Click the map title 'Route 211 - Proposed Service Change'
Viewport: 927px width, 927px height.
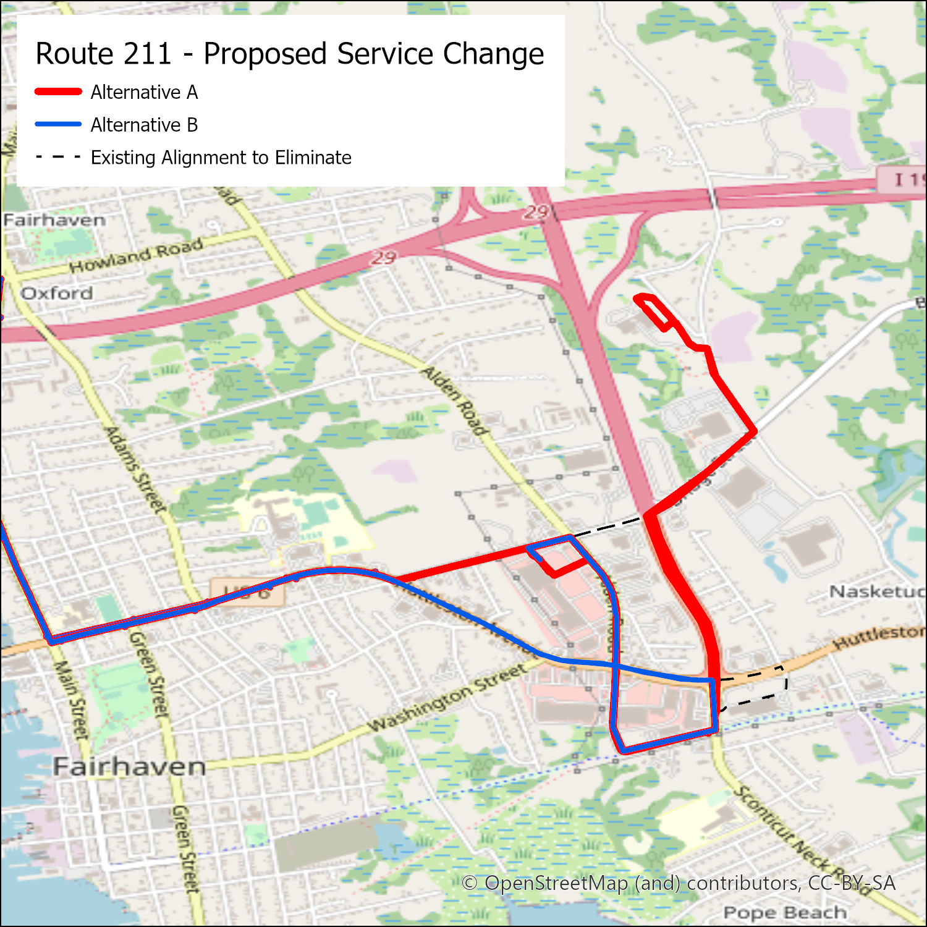click(x=289, y=54)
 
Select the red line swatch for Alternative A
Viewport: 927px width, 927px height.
click(x=58, y=91)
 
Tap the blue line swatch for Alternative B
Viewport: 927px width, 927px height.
click(x=58, y=124)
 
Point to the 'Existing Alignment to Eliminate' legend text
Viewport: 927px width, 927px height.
click(x=221, y=158)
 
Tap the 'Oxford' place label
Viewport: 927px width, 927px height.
click(x=57, y=293)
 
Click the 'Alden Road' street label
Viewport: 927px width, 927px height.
click(x=455, y=400)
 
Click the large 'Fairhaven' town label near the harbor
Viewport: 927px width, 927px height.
click(x=129, y=767)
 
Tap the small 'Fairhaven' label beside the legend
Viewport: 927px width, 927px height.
click(x=54, y=220)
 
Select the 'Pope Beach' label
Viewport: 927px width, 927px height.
click(x=785, y=912)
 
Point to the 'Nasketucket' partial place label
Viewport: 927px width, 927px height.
click(x=876, y=592)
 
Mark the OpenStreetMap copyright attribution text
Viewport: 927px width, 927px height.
click(x=679, y=883)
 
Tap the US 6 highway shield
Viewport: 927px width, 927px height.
click(x=247, y=591)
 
